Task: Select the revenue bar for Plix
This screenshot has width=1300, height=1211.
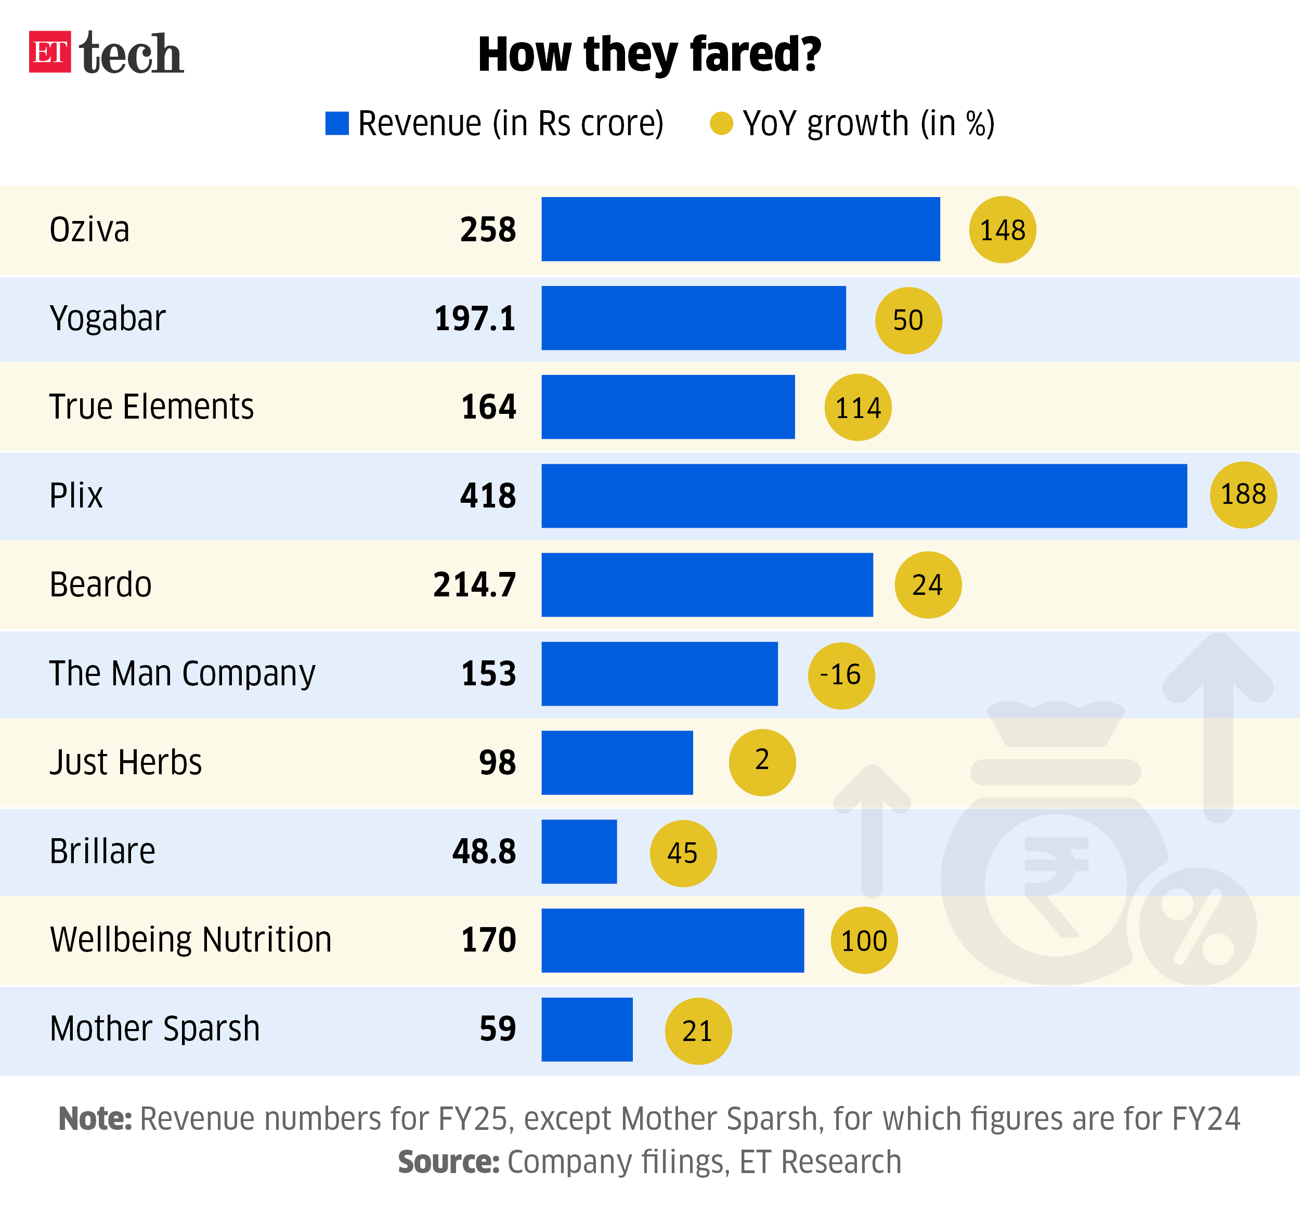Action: tap(864, 496)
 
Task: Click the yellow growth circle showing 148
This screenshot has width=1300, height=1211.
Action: tap(1003, 229)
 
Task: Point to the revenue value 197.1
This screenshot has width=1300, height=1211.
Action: tap(475, 318)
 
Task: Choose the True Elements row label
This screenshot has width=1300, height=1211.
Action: tap(152, 407)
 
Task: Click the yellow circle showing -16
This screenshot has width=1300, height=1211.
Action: tap(841, 675)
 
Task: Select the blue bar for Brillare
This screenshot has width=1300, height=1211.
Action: tap(579, 851)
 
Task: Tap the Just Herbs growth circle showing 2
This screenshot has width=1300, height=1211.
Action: tap(762, 762)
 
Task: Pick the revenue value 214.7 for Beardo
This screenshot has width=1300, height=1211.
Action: tap(474, 584)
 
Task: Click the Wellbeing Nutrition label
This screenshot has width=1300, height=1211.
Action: tap(191, 940)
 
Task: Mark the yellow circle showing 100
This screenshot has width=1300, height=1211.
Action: tap(864, 940)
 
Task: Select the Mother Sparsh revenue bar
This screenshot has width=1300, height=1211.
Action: tap(587, 1029)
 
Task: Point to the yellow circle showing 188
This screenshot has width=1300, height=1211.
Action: tap(1243, 494)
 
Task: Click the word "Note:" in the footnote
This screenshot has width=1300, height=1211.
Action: tap(96, 1119)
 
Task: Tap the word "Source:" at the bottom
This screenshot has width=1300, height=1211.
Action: tap(449, 1162)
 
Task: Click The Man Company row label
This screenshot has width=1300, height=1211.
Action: tap(183, 673)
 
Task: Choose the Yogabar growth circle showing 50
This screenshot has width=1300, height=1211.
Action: tap(908, 320)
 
